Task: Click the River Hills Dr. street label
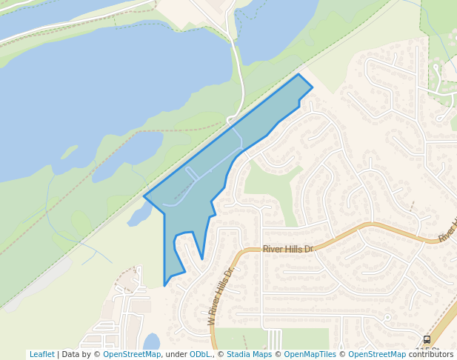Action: point(288,250)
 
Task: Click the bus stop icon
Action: point(427,339)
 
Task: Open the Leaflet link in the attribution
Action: point(41,354)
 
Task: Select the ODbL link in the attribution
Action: point(201,354)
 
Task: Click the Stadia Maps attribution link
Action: point(249,354)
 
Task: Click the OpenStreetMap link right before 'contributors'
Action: point(377,354)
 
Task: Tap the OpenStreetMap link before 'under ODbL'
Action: point(131,354)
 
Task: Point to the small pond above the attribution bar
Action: point(151,341)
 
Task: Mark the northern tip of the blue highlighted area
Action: point(298,74)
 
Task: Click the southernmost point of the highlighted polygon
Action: point(164,286)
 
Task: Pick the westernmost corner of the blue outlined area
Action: point(144,197)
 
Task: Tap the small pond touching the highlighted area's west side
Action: point(139,216)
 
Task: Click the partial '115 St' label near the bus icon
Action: point(427,350)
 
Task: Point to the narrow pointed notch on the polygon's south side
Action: point(202,259)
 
